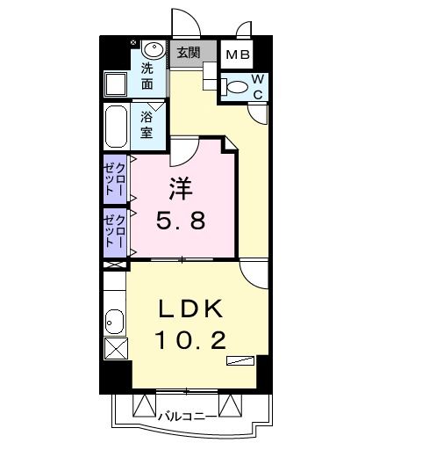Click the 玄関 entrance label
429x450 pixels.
point(189,53)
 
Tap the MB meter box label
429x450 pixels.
point(238,54)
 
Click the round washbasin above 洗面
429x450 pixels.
point(154,49)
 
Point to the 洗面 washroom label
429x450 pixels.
point(147,76)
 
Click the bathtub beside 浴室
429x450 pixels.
point(116,127)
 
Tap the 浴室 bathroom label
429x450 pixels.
point(147,125)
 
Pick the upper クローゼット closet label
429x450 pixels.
point(115,179)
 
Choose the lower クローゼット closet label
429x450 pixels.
point(115,231)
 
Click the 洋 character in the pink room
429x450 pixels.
point(181,189)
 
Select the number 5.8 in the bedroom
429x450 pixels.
point(181,221)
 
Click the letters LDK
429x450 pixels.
point(190,308)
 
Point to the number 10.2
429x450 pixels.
point(191,340)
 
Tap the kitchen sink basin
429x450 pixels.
point(114,322)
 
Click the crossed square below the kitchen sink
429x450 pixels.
point(116,348)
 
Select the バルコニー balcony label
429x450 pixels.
point(188,416)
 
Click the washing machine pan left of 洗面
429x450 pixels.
point(116,84)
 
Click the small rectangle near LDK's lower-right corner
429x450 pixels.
point(240,360)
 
